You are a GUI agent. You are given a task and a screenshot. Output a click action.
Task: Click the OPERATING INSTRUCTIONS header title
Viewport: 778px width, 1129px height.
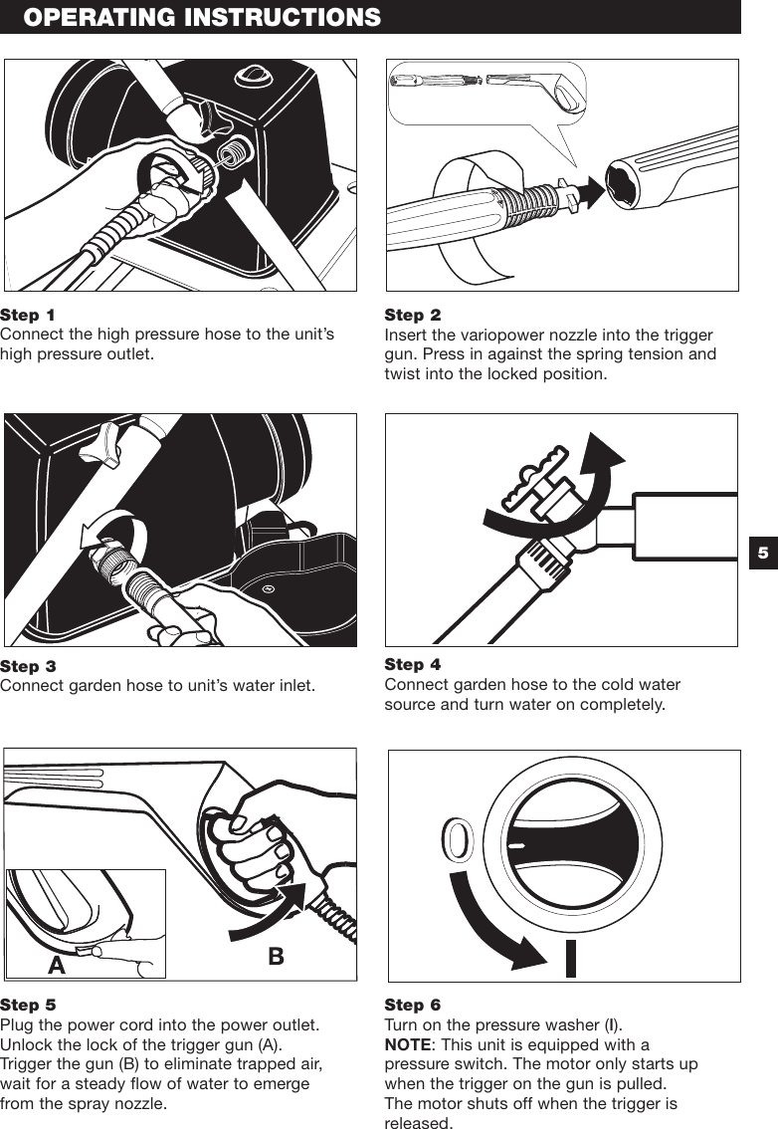[202, 17]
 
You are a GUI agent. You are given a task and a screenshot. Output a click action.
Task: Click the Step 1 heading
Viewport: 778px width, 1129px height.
[28, 316]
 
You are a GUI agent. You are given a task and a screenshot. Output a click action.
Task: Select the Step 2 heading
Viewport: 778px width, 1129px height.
[412, 316]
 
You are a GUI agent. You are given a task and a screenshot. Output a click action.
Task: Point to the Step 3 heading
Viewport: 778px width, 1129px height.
[28, 666]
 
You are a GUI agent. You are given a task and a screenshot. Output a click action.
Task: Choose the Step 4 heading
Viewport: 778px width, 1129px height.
[412, 664]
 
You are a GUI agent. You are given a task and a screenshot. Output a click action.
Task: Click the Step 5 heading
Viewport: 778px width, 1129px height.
[28, 1006]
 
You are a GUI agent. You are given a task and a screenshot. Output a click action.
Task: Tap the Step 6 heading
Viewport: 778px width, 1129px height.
[412, 1006]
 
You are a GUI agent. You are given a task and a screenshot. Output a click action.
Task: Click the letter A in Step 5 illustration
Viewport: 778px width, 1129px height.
[56, 965]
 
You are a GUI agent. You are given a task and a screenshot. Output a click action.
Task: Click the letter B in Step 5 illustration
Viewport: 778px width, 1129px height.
[276, 956]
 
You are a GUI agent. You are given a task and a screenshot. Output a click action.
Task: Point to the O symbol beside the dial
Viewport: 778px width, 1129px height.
[457, 841]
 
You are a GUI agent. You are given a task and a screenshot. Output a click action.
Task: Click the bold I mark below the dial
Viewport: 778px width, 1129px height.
[570, 956]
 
